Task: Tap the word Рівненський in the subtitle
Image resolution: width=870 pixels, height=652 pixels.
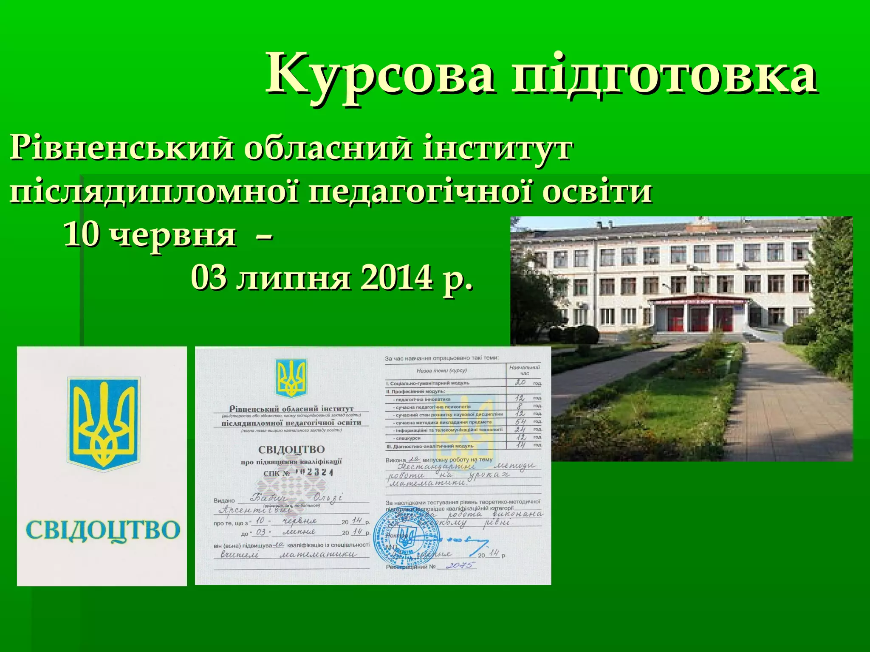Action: (x=121, y=149)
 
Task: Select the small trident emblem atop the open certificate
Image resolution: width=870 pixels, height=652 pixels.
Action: (x=291, y=378)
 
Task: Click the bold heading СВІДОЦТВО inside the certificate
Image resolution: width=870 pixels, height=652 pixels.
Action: (x=291, y=450)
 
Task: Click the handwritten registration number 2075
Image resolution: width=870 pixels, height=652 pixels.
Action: (x=461, y=565)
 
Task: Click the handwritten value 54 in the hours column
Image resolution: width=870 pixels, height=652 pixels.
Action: (x=520, y=422)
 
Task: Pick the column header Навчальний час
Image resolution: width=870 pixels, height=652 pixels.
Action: (x=524, y=370)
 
